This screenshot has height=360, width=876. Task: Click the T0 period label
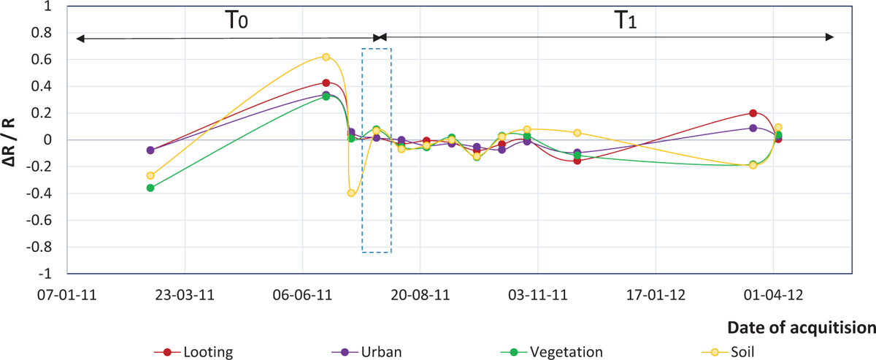click(x=235, y=20)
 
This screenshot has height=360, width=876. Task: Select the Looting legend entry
click(x=208, y=352)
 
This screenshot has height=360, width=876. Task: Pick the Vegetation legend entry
click(x=567, y=352)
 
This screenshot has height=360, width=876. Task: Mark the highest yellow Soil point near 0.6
click(x=326, y=57)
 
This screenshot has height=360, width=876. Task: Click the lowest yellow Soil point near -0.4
click(x=351, y=193)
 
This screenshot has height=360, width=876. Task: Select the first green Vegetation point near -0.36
click(x=150, y=188)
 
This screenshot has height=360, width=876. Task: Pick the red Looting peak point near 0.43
click(x=326, y=83)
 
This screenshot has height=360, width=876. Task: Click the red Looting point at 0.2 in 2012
click(x=753, y=113)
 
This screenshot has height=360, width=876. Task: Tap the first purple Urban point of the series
click(x=150, y=150)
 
